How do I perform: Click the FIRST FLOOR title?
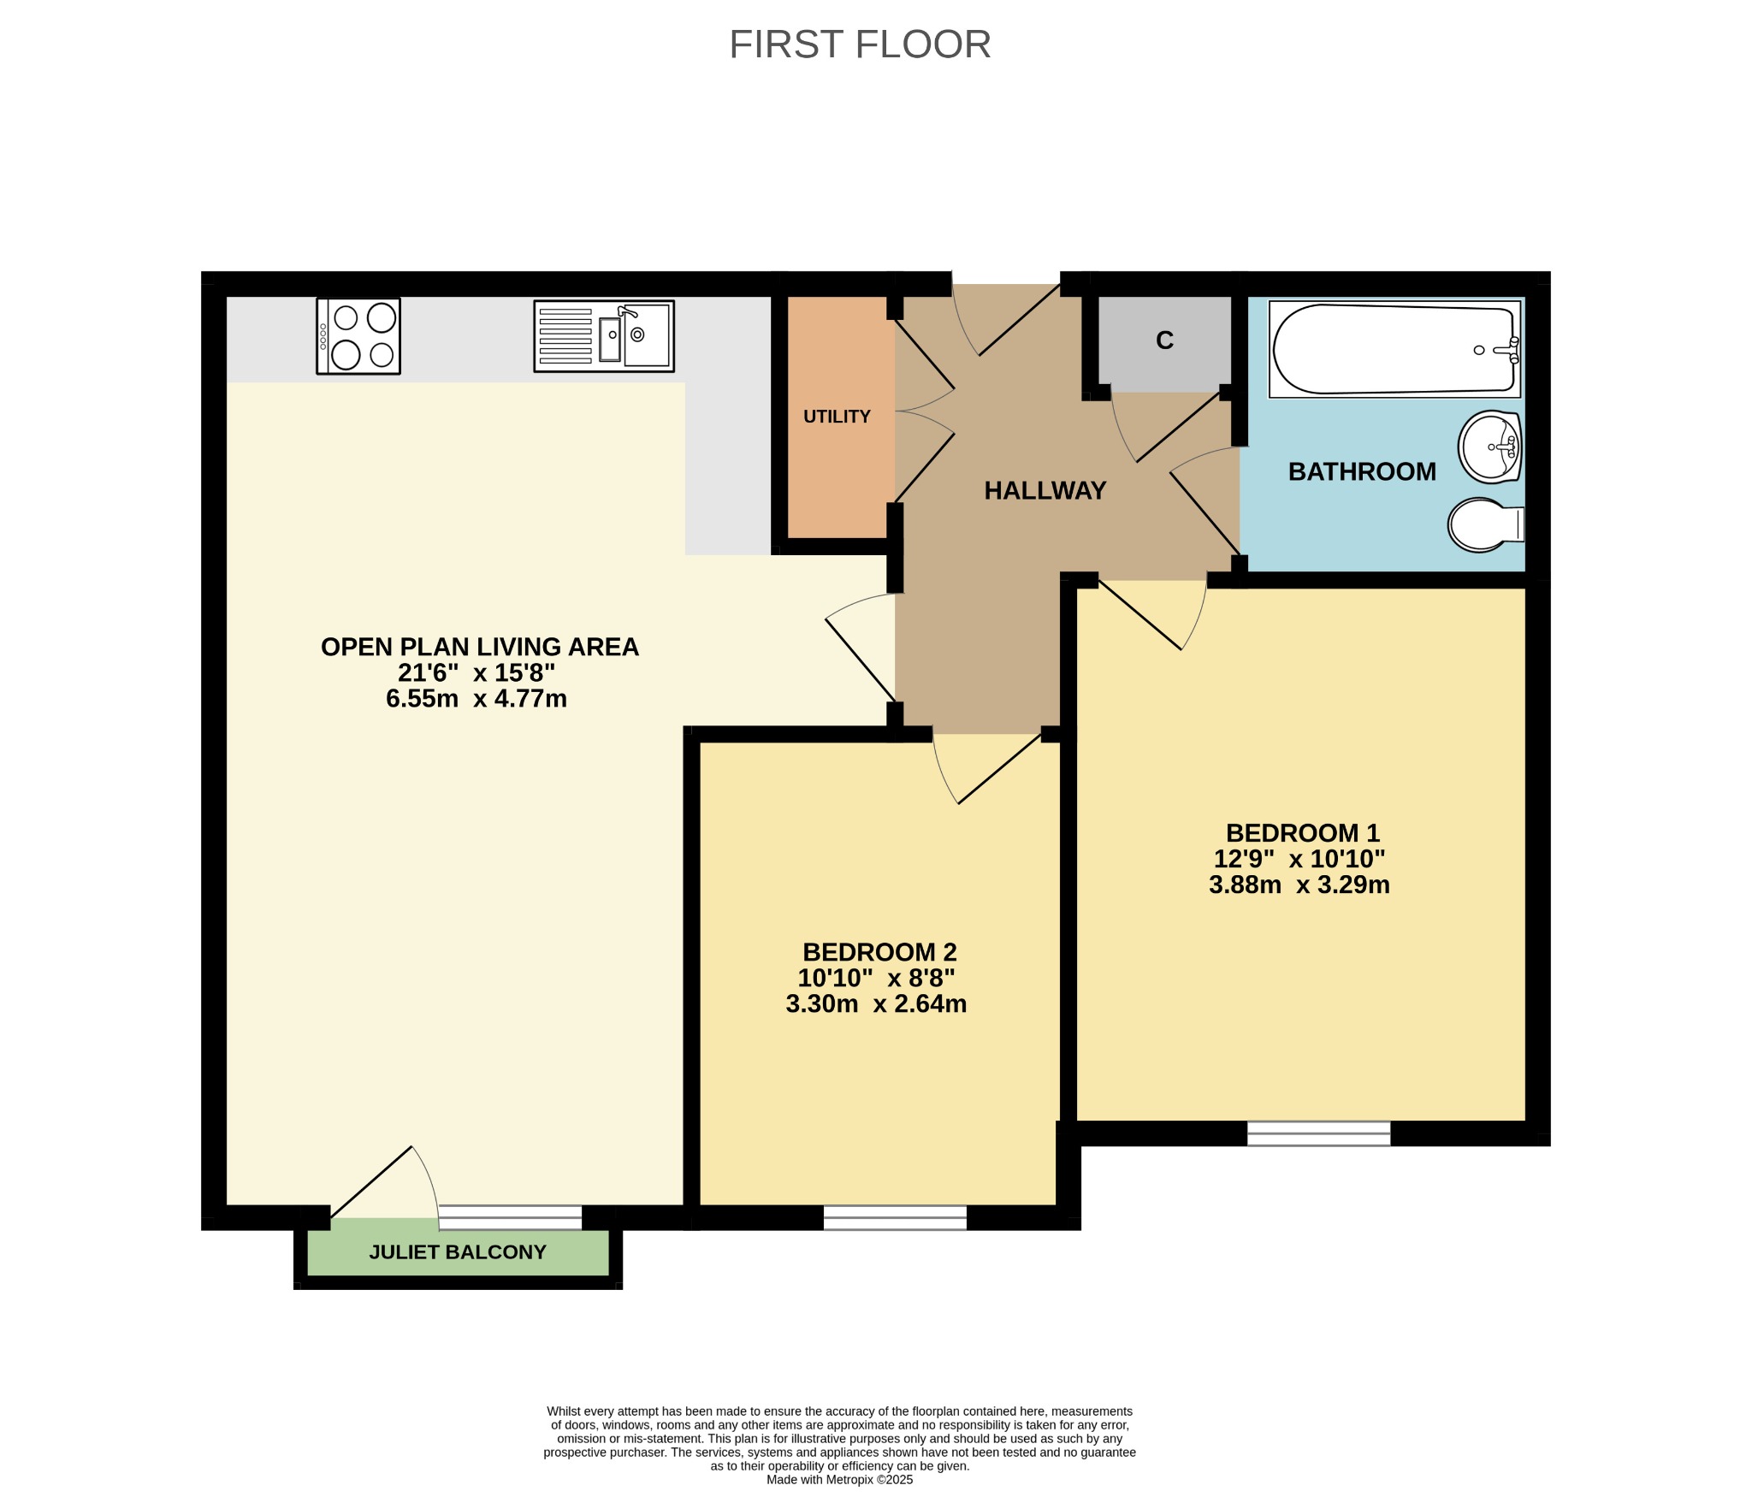[860, 44]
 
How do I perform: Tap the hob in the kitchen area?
[358, 336]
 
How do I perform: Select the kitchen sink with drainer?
[604, 336]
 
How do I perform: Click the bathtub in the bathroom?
[1394, 349]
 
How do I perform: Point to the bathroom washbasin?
[1489, 447]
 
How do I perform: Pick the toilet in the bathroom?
[1486, 524]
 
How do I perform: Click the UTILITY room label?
[837, 417]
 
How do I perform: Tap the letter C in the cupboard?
[1164, 340]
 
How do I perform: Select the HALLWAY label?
[1045, 490]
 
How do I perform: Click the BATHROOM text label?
[1362, 471]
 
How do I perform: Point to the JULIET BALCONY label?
[458, 1252]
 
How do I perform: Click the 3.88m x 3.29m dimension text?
[1299, 885]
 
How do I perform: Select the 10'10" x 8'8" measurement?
[877, 978]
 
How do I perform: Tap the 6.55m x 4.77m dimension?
[476, 699]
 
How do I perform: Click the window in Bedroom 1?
[1319, 1133]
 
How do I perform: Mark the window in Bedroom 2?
[895, 1218]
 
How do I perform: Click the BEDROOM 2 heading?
[879, 952]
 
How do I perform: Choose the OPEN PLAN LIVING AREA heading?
[480, 647]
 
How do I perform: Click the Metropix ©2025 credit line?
[840, 1480]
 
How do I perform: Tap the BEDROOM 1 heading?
[1303, 833]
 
